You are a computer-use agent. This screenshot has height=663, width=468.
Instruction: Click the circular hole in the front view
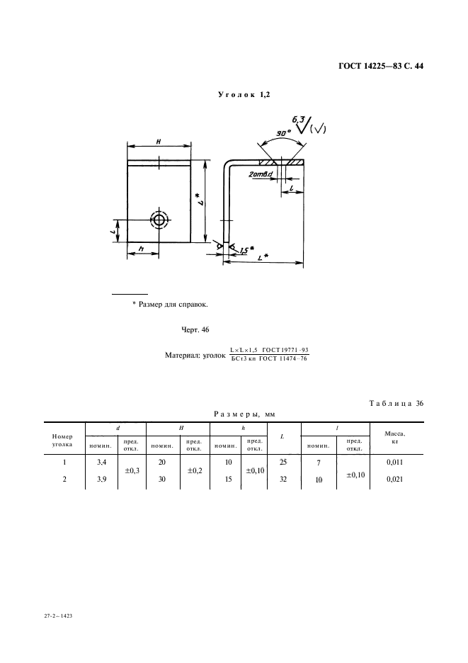(x=159, y=220)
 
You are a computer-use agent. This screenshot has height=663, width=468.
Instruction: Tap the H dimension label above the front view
(x=159, y=142)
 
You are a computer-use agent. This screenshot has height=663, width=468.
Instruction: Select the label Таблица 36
(x=396, y=403)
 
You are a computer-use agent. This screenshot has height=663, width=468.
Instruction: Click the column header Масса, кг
(x=394, y=436)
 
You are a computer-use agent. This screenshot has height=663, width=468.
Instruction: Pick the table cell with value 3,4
(x=101, y=462)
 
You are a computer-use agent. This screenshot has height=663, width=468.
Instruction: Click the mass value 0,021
(x=394, y=480)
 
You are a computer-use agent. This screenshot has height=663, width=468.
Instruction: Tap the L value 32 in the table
(x=284, y=479)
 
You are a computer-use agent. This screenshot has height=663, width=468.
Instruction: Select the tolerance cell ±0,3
(x=131, y=470)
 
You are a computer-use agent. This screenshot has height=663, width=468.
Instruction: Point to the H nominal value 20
(x=161, y=462)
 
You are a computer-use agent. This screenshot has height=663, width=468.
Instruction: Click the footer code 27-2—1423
(x=57, y=617)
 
